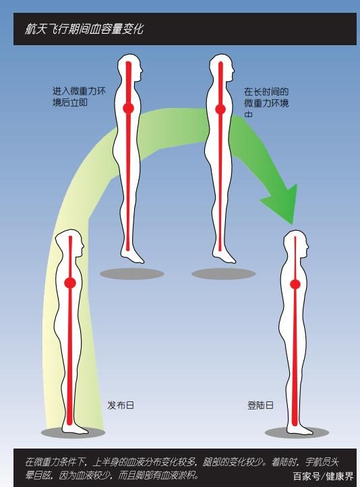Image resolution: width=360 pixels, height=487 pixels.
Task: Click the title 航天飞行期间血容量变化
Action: [84, 29]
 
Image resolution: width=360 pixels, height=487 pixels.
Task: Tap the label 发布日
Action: [121, 405]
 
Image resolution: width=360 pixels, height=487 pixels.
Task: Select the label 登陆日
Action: [261, 405]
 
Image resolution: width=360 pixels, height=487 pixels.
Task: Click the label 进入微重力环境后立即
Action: [79, 97]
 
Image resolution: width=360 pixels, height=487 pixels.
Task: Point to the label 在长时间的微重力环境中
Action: [266, 103]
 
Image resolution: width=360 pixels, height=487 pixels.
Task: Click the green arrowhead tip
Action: [292, 224]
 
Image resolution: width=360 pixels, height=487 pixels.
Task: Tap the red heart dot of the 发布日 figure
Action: [70, 283]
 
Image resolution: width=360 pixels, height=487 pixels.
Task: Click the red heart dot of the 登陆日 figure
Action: [295, 284]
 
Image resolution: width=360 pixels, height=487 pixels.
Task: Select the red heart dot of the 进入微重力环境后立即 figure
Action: [129, 109]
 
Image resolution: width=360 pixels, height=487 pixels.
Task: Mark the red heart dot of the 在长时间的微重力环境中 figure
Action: [220, 109]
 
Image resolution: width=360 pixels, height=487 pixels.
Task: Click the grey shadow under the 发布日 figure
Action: [73, 432]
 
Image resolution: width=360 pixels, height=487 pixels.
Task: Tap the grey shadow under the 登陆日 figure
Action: [297, 432]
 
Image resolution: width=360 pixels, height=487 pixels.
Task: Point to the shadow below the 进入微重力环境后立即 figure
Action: [132, 274]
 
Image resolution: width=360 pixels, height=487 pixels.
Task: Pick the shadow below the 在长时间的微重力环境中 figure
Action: [224, 274]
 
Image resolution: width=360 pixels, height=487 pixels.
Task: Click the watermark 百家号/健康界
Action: [324, 476]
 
